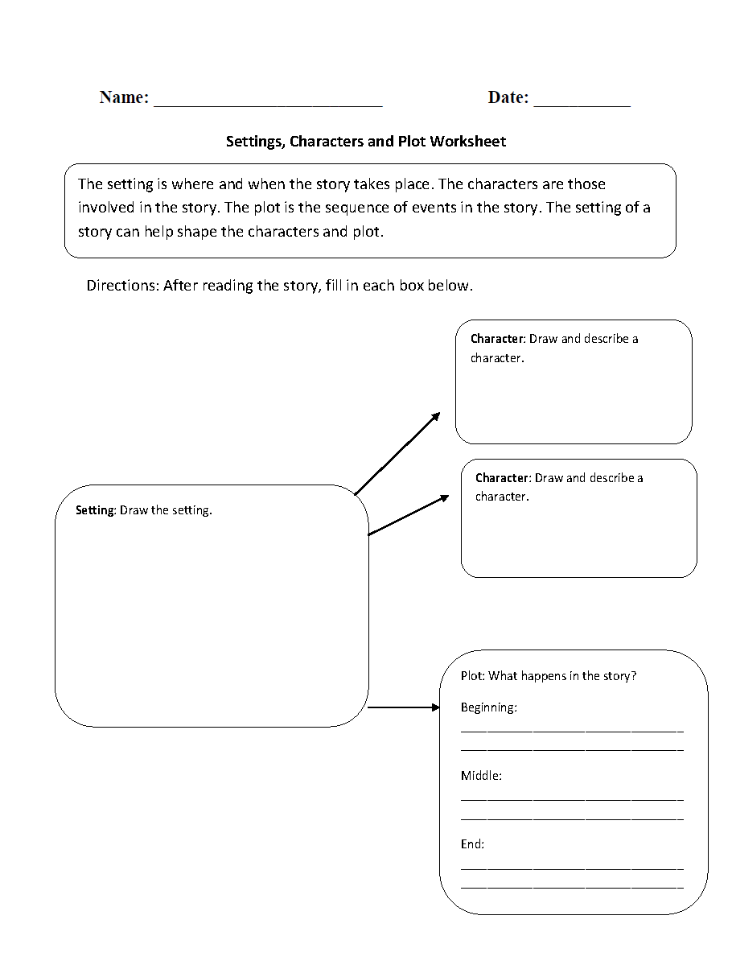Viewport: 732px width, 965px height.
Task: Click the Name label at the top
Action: tap(124, 97)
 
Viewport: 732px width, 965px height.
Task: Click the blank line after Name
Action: tap(268, 103)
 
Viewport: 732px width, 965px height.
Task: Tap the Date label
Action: tap(508, 97)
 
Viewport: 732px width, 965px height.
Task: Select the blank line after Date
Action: tap(582, 103)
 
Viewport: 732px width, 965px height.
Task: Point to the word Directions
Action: tap(122, 286)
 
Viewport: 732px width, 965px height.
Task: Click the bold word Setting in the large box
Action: tap(95, 510)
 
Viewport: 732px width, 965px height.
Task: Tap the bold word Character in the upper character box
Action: tap(496, 339)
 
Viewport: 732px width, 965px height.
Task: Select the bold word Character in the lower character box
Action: tap(502, 478)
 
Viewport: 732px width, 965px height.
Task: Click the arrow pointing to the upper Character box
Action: tap(397, 452)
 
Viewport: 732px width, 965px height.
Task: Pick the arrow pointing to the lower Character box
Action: tap(409, 515)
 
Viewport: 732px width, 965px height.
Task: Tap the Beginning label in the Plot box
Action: tap(488, 707)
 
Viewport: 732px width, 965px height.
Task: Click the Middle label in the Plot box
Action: tap(481, 776)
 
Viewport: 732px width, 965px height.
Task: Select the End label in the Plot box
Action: tap(472, 844)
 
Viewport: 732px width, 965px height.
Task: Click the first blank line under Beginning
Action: tap(572, 731)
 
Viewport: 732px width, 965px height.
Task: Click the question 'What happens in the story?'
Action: tap(562, 676)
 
